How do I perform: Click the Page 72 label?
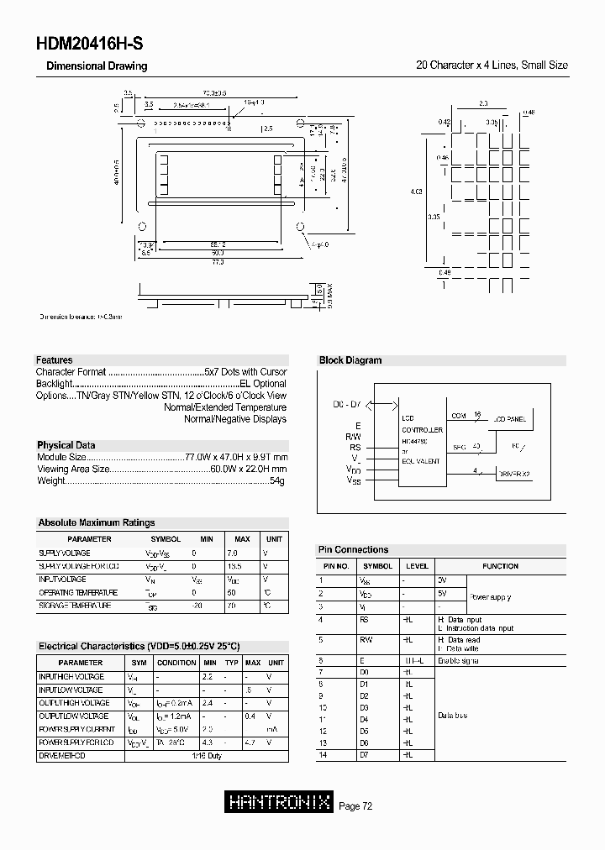point(355,806)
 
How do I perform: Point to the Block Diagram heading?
point(350,360)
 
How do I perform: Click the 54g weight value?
point(277,480)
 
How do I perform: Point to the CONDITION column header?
point(176,663)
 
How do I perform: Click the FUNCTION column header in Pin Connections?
point(500,566)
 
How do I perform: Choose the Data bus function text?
point(452,716)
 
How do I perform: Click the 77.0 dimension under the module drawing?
point(217,262)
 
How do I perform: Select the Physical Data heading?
point(66,445)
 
